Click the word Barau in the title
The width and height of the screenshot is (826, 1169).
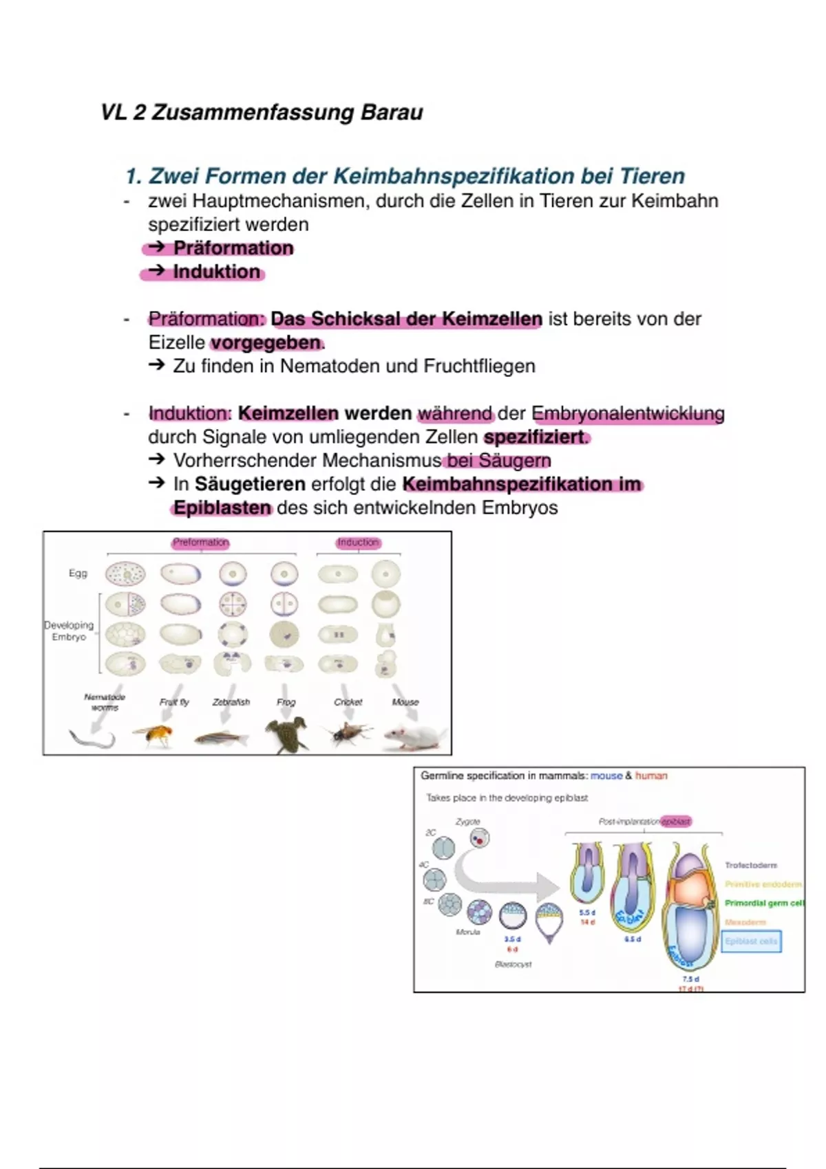coord(392,112)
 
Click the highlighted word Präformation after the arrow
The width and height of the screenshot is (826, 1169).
coord(233,248)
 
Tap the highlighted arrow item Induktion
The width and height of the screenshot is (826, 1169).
coord(216,272)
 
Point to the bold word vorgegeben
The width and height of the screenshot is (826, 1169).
coord(266,342)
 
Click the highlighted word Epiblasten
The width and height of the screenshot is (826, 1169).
coord(222,508)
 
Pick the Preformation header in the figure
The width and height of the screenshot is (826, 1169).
coord(200,543)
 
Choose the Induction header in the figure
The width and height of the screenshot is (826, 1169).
coord(358,543)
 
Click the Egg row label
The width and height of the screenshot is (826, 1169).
coord(78,573)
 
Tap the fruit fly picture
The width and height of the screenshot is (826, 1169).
coord(153,735)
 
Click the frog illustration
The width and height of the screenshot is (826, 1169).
coord(286,734)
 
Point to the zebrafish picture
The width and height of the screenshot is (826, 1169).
coord(221,738)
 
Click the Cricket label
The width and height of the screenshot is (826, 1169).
coord(348,702)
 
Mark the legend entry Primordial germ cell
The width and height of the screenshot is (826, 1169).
coord(763,903)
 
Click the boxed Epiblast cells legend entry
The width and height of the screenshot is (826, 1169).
coord(751,941)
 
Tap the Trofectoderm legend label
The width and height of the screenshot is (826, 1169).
coord(750,865)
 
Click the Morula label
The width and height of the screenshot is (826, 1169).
coord(468,932)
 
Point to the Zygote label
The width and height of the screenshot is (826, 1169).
coord(468,822)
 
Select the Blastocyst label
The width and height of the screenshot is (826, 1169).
coord(513,964)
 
